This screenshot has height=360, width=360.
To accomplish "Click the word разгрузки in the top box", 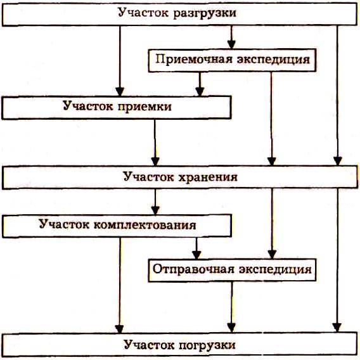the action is pyautogui.click(x=205, y=13).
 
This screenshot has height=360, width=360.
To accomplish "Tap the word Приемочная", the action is pyautogui.click(x=194, y=60).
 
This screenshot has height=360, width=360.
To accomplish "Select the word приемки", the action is pyautogui.click(x=145, y=106).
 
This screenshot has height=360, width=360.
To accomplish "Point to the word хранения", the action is pyautogui.click(x=208, y=177).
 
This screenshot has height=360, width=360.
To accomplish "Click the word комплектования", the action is pyautogui.click(x=145, y=225).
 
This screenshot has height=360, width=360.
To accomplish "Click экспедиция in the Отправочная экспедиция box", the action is pyautogui.click(x=275, y=269).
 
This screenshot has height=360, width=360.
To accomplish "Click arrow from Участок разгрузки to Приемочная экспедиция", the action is pyautogui.click(x=231, y=37).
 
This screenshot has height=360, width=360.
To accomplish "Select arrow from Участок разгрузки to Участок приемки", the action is pyautogui.click(x=120, y=61).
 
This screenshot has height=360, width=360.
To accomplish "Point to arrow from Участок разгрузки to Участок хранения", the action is pyautogui.click(x=337, y=96).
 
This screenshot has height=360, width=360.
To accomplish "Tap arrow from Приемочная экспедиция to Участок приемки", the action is pyautogui.click(x=200, y=84).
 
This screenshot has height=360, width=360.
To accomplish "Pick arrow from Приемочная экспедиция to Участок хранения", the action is pyautogui.click(x=272, y=119).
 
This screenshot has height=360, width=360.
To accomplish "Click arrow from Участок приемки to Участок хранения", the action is pyautogui.click(x=155, y=143).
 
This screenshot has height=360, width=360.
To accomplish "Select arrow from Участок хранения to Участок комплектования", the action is pyautogui.click(x=155, y=202).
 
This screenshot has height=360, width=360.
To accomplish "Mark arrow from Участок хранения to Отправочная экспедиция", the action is pyautogui.click(x=272, y=224).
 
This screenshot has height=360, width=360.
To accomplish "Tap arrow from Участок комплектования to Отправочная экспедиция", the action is pyautogui.click(x=196, y=248).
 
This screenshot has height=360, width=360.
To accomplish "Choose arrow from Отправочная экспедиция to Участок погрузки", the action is pyautogui.click(x=231, y=307).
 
